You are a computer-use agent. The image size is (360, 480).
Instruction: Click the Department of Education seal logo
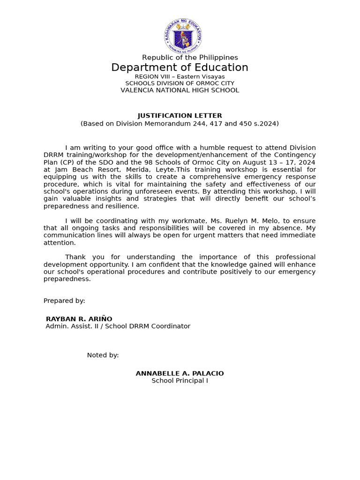(x=184, y=36)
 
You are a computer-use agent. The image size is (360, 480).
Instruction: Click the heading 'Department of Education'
(x=180, y=67)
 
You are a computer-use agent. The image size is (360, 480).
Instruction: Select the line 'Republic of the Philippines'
(x=190, y=57)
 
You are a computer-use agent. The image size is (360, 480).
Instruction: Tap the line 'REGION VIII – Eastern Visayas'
(x=180, y=76)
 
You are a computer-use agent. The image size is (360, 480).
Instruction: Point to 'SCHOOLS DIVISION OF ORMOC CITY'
(x=180, y=83)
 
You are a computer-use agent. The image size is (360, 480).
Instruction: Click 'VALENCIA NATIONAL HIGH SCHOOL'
(x=180, y=90)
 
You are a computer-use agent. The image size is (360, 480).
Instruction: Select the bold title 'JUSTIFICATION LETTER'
(x=180, y=115)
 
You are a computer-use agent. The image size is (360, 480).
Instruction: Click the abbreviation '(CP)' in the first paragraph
(x=66, y=162)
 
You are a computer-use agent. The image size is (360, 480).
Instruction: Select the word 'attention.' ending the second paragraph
(x=60, y=243)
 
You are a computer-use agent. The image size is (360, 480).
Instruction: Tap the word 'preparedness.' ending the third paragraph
(x=67, y=279)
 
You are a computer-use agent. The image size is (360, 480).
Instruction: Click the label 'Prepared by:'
(x=64, y=300)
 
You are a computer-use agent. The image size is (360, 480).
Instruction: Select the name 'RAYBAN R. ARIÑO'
(x=79, y=319)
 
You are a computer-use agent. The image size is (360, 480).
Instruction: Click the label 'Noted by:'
(x=103, y=355)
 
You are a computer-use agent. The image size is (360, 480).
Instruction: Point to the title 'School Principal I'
(x=180, y=381)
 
